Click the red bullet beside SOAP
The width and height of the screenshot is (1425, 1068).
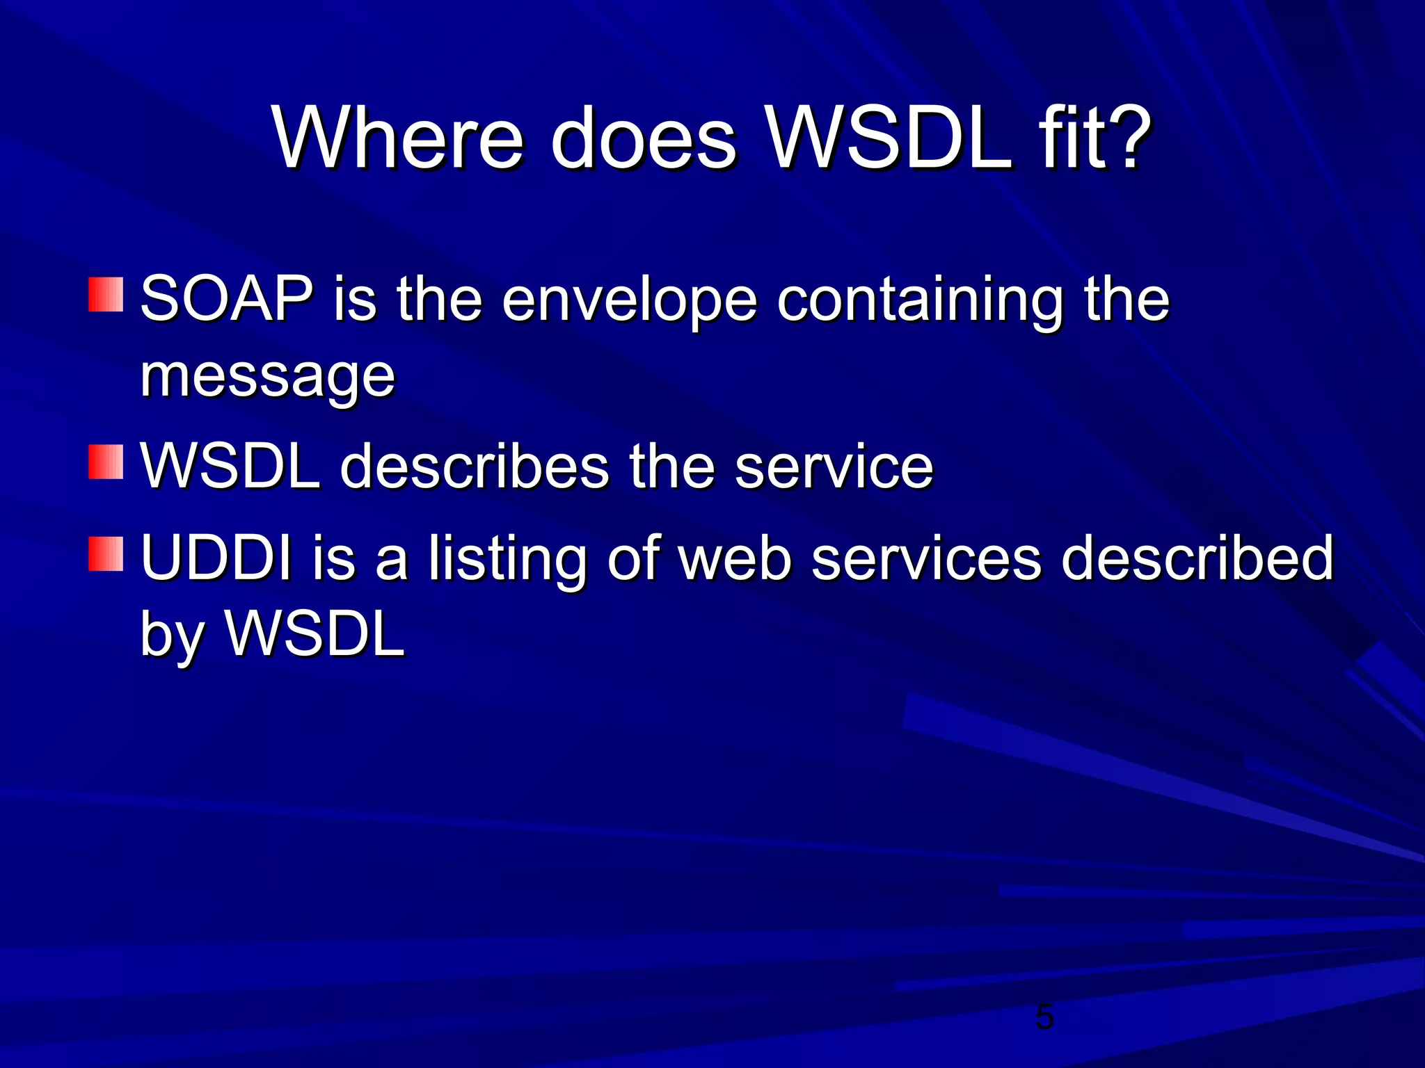click(106, 295)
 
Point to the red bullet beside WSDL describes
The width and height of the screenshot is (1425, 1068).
click(106, 462)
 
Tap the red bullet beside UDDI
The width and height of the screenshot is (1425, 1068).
click(106, 553)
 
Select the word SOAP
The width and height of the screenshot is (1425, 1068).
click(226, 299)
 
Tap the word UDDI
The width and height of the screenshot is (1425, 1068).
click(216, 558)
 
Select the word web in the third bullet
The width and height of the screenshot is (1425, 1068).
click(735, 558)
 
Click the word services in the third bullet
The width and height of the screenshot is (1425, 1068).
click(926, 558)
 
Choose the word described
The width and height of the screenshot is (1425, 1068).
click(1197, 558)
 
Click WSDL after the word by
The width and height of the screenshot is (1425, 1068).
click(315, 634)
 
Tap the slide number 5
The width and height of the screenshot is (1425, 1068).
click(1044, 1018)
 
